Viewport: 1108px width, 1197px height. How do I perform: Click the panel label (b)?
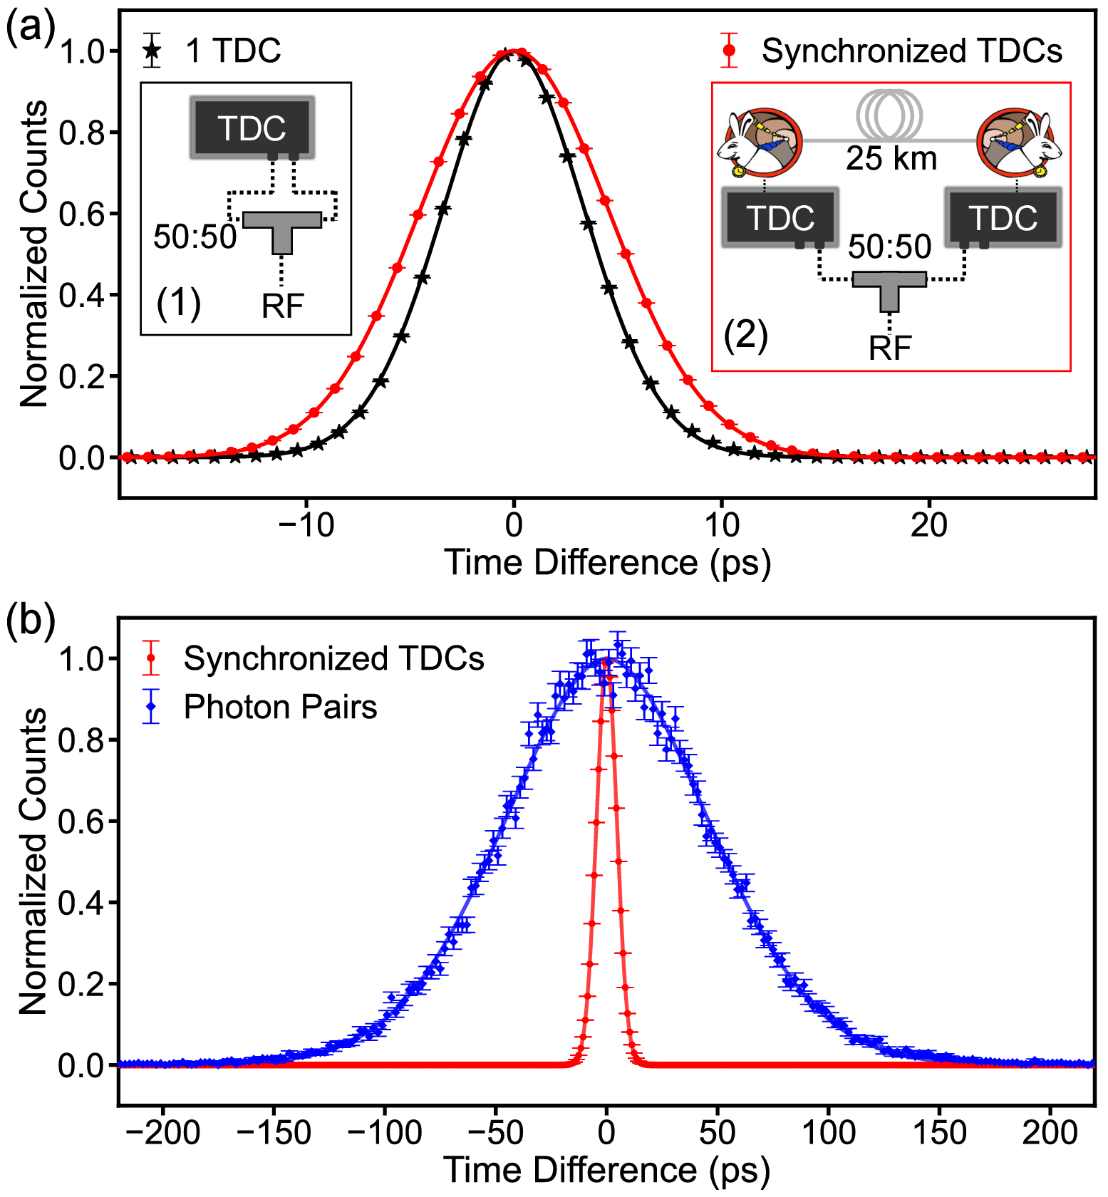(x=30, y=621)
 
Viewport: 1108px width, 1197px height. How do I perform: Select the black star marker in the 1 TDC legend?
(x=152, y=51)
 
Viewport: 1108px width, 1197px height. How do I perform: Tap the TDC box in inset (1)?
(x=252, y=128)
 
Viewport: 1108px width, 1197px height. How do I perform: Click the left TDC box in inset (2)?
(x=780, y=217)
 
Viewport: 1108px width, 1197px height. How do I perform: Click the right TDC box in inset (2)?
(x=1003, y=217)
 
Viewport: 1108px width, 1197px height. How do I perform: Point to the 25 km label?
(x=891, y=158)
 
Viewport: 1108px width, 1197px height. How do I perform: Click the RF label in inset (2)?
(x=890, y=348)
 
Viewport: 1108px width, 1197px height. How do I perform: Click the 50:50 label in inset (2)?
(x=890, y=247)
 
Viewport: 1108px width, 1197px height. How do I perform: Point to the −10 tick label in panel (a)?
(x=306, y=525)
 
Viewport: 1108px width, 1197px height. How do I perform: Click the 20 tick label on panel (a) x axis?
(x=929, y=525)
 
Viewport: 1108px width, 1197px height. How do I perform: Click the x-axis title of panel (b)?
(x=607, y=1171)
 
